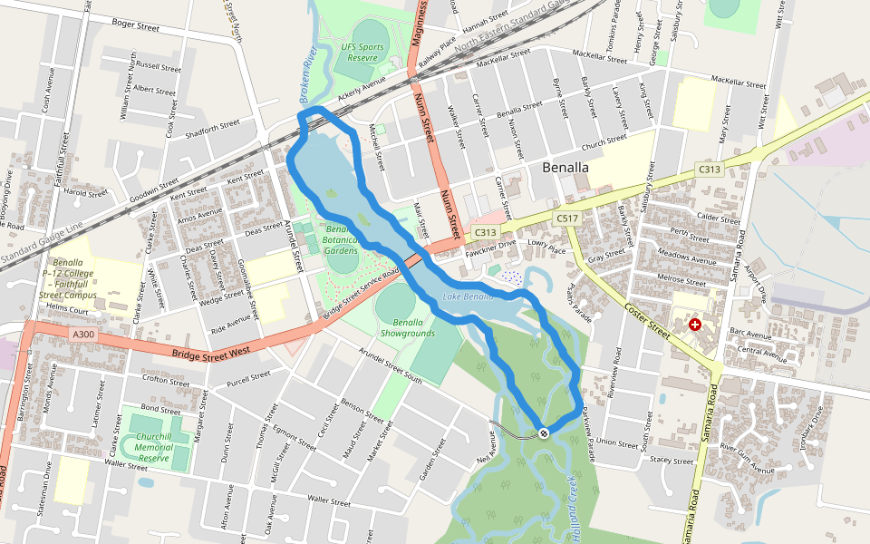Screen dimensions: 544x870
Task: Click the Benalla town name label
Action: point(565,168)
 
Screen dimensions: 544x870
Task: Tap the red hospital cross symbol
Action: point(695,325)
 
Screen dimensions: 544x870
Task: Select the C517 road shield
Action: point(567,219)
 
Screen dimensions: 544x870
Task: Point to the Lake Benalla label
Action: point(468,297)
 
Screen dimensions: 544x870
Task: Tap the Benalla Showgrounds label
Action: point(414,327)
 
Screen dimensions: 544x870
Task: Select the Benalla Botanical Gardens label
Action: point(341,239)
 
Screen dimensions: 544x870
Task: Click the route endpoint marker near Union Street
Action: point(543,433)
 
